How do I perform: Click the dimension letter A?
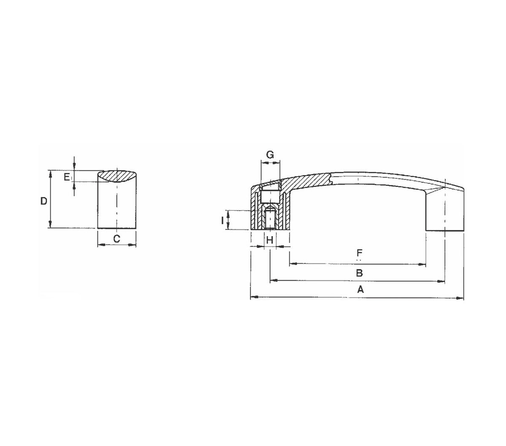tap(360, 290)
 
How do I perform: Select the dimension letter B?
tap(359, 273)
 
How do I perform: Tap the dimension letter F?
tap(359, 253)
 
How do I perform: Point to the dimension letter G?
tap(270, 155)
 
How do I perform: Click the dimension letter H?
tap(270, 240)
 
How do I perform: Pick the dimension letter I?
tap(222, 220)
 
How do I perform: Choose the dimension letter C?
tap(117, 239)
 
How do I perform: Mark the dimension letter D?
tap(43, 201)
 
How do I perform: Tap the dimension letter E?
tap(67, 177)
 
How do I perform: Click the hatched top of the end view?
tap(117, 175)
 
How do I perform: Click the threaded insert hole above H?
tap(270, 219)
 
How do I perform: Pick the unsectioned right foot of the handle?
tap(444, 215)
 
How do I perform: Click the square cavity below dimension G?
tap(270, 196)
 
